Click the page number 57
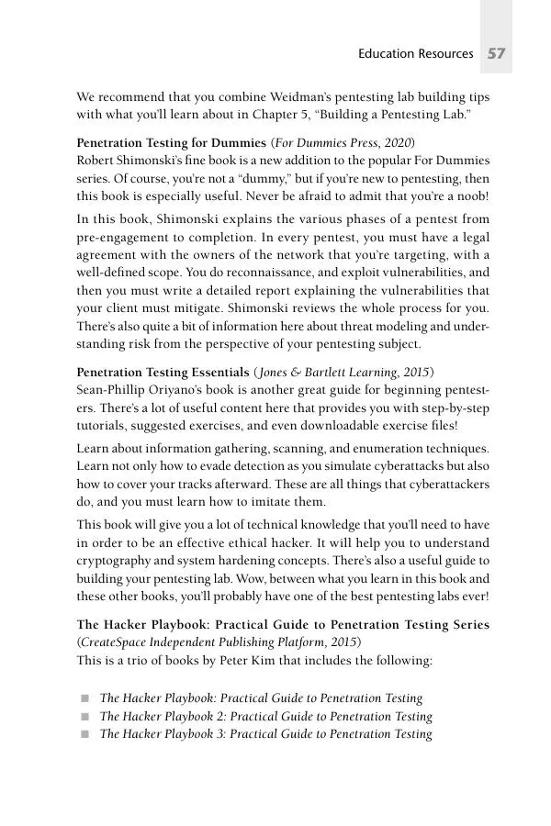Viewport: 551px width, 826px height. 497,54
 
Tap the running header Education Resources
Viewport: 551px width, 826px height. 415,54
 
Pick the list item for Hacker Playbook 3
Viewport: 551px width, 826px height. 265,734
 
